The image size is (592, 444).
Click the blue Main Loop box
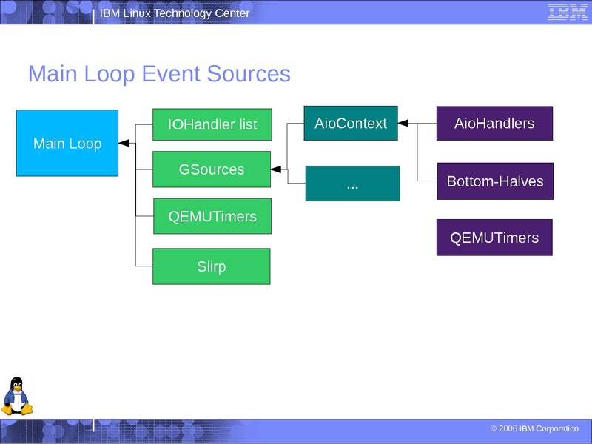[67, 143]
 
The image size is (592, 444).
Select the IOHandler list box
[212, 124]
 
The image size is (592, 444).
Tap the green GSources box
[212, 169]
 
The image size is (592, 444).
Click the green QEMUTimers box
[212, 216]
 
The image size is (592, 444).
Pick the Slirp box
[212, 266]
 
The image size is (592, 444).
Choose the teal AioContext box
[351, 123]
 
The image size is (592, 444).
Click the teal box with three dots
[352, 184]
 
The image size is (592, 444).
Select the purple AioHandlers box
[494, 123]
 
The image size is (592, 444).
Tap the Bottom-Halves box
[494, 181]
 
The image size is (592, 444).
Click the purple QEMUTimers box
[494, 238]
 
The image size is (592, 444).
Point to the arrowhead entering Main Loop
[124, 144]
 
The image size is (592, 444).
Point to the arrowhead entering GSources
[275, 169]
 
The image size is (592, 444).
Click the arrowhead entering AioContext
[403, 123]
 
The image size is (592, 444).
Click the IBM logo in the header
[568, 12]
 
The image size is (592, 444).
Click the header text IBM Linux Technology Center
[175, 13]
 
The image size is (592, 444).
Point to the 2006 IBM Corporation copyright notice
[534, 428]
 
